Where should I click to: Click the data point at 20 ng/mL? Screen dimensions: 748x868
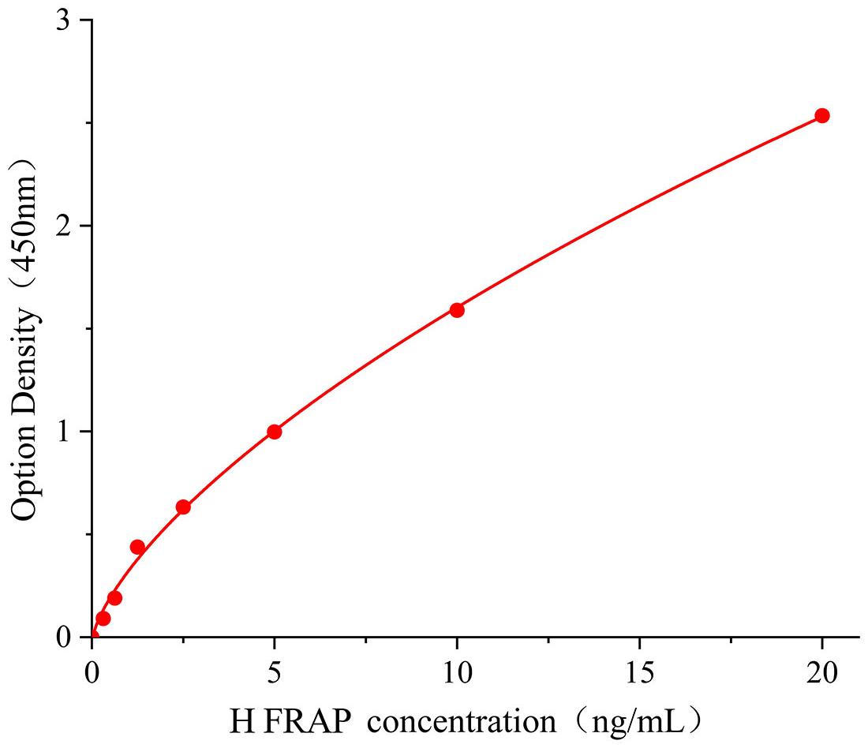tap(821, 115)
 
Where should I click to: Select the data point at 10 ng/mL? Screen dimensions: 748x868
tap(456, 309)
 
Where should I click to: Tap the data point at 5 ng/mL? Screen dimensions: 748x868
tap(274, 432)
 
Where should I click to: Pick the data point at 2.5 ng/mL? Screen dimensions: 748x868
tap(183, 507)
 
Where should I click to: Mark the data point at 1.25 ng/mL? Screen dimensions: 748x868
tap(137, 547)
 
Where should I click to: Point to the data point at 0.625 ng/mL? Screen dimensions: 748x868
tap(114, 597)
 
